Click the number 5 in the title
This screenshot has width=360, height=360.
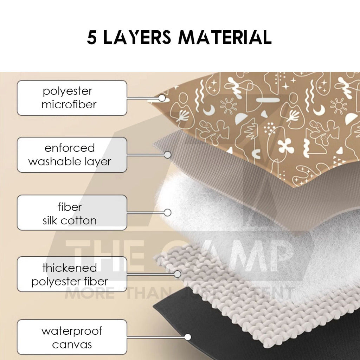pyautogui.click(x=92, y=37)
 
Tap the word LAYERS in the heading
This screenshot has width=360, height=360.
pyautogui.click(x=137, y=37)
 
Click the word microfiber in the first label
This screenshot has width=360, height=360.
pyautogui.click(x=69, y=105)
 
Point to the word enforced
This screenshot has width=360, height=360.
pyautogui.click(x=70, y=148)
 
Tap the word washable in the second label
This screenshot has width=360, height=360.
pyautogui.click(x=55, y=161)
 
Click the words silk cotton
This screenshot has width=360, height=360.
pyautogui.click(x=70, y=221)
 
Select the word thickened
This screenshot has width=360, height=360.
pyautogui.click(x=70, y=268)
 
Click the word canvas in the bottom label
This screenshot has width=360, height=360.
pyautogui.click(x=72, y=345)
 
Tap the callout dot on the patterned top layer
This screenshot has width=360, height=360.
pyautogui.click(x=162, y=98)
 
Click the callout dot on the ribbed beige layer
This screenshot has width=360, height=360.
pyautogui.click(x=168, y=155)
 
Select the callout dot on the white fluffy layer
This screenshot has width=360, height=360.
pyautogui.click(x=168, y=213)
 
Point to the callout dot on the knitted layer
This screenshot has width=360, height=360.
pyautogui.click(x=178, y=274)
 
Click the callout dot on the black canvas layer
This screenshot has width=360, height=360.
pyautogui.click(x=188, y=337)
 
